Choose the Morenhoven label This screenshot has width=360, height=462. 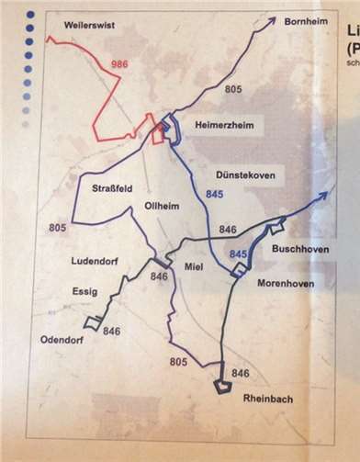click(x=285, y=283)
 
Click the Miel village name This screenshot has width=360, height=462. click(x=193, y=266)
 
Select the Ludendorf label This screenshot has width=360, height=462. click(x=96, y=261)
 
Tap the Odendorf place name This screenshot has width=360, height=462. click(x=63, y=340)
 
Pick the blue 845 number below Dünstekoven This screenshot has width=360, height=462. click(x=215, y=195)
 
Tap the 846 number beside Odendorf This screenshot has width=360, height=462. click(x=112, y=331)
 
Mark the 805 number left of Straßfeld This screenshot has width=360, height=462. click(x=58, y=226)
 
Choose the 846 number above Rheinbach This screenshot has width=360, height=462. click(x=241, y=372)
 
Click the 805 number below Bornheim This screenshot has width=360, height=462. click(x=234, y=89)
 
